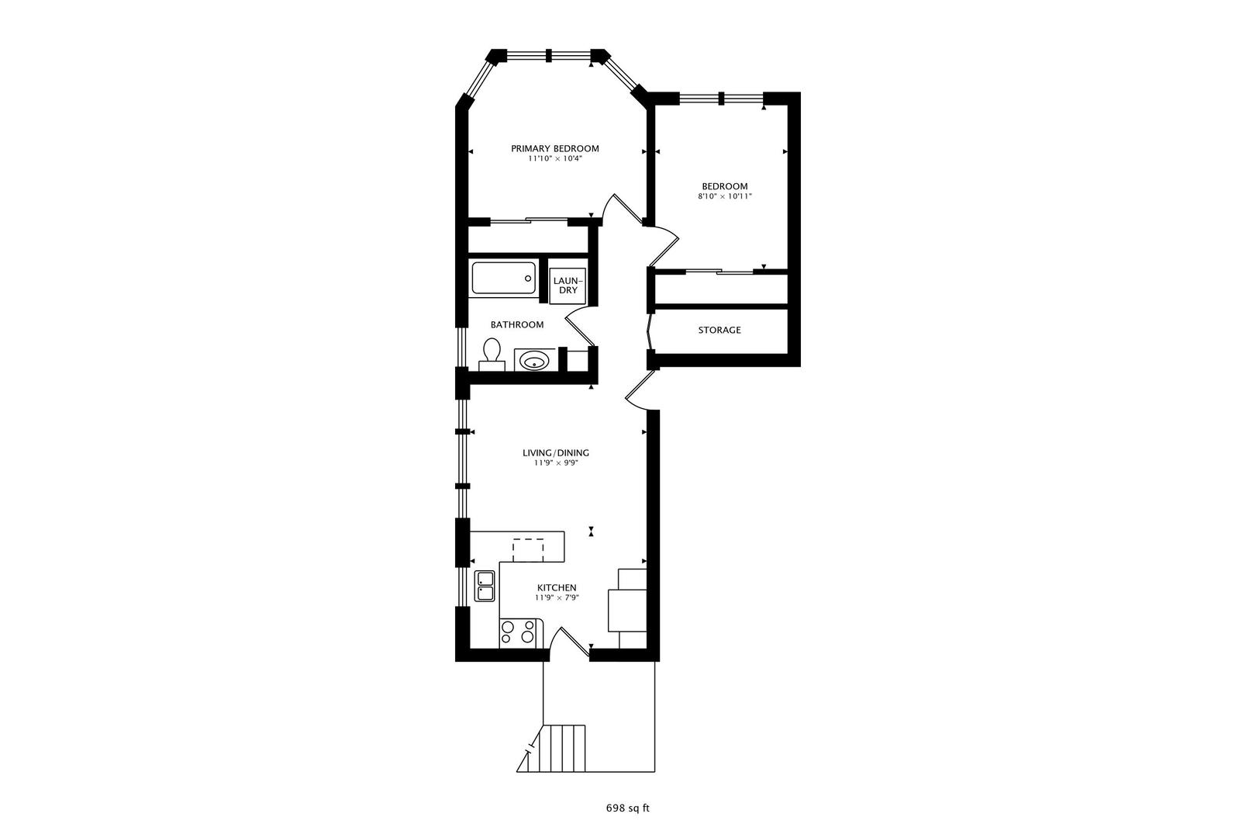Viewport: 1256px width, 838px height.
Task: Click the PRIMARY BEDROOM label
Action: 554,148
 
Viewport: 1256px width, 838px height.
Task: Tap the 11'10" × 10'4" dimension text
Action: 554,158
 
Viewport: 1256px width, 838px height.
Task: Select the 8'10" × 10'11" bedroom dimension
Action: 724,196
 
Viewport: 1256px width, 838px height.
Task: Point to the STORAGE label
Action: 719,330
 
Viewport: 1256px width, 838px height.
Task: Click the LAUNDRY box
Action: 568,285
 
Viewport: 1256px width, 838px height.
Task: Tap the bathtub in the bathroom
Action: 503,278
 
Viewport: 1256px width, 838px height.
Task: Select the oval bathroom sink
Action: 533,360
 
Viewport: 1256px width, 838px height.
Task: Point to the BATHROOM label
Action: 516,324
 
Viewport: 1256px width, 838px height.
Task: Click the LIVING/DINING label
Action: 555,452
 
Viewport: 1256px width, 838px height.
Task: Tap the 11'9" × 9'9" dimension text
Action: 556,463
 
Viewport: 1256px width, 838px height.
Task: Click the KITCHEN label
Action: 556,587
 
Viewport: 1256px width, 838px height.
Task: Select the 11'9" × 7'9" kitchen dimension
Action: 557,597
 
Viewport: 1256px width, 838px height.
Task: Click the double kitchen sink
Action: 485,586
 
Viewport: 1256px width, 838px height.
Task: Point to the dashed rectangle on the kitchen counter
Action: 528,549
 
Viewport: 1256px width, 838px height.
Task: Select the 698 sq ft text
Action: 627,808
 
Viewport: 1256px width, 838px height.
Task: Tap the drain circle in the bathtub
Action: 527,277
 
